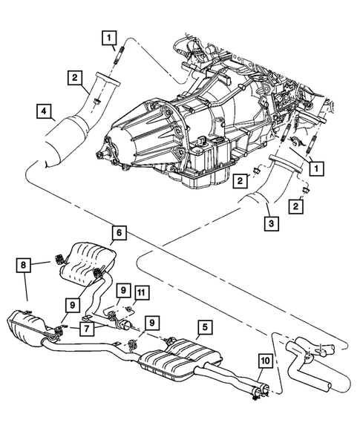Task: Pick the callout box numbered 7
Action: pyautogui.click(x=87, y=327)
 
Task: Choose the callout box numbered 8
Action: pyautogui.click(x=25, y=264)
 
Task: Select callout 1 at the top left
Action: pyautogui.click(x=109, y=36)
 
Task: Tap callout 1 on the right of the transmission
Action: pyautogui.click(x=315, y=169)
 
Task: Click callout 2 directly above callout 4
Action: pyautogui.click(x=76, y=76)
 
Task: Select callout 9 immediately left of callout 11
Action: pyautogui.click(x=123, y=290)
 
